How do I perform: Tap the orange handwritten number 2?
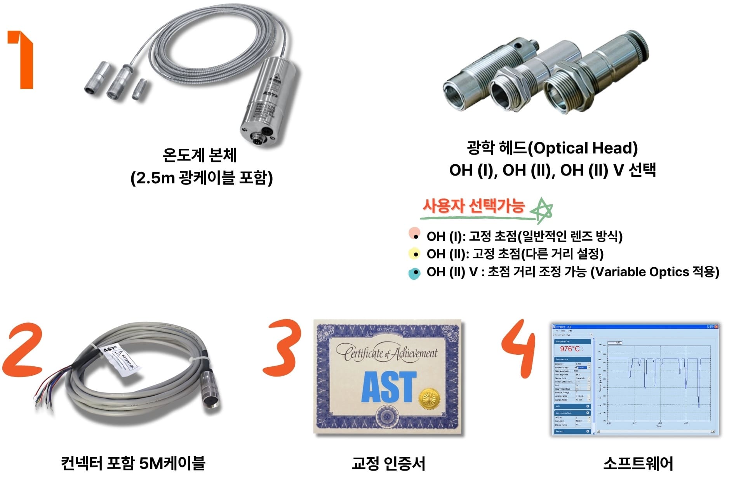coord(23,350)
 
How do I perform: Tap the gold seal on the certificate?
coord(429,398)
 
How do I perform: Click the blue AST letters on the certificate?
coord(388,387)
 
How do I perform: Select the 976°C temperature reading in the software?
coord(570,349)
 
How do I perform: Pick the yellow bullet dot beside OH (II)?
coord(415,254)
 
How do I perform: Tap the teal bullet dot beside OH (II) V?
coord(415,273)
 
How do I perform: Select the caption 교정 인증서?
coord(388,463)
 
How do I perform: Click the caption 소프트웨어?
coord(638,463)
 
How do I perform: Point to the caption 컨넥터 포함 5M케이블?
coord(133,463)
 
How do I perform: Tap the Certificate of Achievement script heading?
coord(387,353)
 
